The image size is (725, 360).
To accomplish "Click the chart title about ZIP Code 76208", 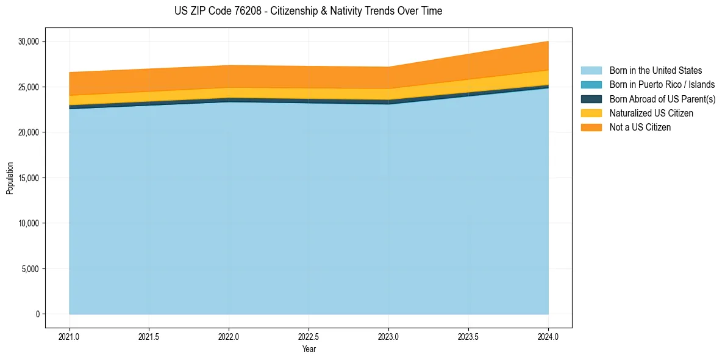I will (308, 11).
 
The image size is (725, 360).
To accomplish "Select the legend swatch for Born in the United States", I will (591, 71).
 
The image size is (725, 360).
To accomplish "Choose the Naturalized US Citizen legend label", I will (651, 113).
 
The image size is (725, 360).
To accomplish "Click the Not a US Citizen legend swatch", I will (591, 128).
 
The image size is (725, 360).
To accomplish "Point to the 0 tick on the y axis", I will (37, 314).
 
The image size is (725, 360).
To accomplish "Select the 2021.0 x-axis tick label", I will (70, 336).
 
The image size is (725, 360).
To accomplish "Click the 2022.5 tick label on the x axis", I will (309, 336).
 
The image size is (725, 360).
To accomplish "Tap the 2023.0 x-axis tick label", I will (388, 336).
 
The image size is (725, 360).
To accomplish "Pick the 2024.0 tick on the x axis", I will (548, 336).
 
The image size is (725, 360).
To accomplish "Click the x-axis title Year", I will (309, 349).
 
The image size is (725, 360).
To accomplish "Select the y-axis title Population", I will (10, 178).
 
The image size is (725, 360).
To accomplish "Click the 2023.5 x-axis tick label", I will (468, 336).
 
